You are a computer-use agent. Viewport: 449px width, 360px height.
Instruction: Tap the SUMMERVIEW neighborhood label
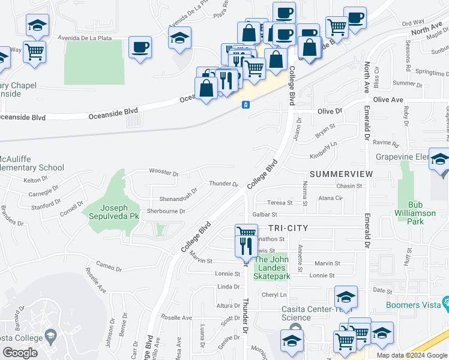point(341,174)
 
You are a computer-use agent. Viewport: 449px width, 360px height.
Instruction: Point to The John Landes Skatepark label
point(272,268)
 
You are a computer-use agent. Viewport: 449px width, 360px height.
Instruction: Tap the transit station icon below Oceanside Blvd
point(246,105)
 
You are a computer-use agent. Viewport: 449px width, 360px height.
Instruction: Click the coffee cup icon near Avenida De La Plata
point(140,47)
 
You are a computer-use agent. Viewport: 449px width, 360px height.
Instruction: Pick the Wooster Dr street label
point(163,174)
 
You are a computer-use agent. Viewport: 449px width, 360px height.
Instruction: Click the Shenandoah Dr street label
point(170,199)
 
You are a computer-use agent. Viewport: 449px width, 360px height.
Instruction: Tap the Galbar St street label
point(264,214)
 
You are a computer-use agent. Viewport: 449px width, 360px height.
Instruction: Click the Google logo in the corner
point(20,353)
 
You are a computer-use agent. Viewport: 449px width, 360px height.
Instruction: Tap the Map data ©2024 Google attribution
point(411,355)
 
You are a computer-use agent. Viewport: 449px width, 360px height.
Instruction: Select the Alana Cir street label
point(330,198)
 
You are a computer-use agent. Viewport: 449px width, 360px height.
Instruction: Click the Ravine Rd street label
point(385,144)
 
